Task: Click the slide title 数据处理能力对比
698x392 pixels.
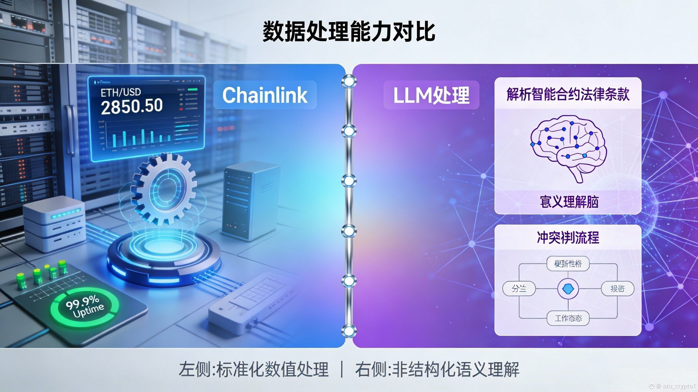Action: point(349,32)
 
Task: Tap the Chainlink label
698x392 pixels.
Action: point(265,95)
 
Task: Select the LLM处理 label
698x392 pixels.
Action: point(431,95)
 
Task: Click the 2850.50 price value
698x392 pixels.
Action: point(132,106)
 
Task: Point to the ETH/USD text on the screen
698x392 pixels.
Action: point(121,92)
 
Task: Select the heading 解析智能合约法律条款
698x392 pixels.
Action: point(568,94)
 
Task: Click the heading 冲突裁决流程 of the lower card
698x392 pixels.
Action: point(568,237)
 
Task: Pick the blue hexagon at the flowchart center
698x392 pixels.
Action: point(568,289)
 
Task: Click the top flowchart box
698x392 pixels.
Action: point(568,264)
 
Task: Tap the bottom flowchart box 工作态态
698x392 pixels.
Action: point(568,318)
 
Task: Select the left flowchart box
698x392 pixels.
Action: point(519,289)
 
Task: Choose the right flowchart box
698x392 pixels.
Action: point(618,289)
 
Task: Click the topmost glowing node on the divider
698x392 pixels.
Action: point(349,81)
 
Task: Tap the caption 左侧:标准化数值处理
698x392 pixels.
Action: point(253,369)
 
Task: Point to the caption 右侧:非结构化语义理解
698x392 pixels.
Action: point(437,369)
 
